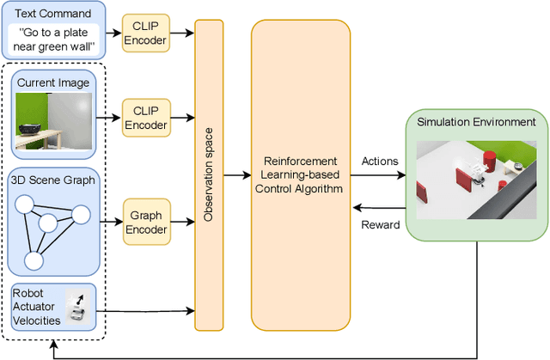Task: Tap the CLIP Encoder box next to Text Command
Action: (x=144, y=33)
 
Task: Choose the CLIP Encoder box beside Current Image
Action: (x=144, y=117)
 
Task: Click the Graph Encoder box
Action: (x=144, y=220)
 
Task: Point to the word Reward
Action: (x=380, y=225)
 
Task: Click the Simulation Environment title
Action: (x=475, y=122)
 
